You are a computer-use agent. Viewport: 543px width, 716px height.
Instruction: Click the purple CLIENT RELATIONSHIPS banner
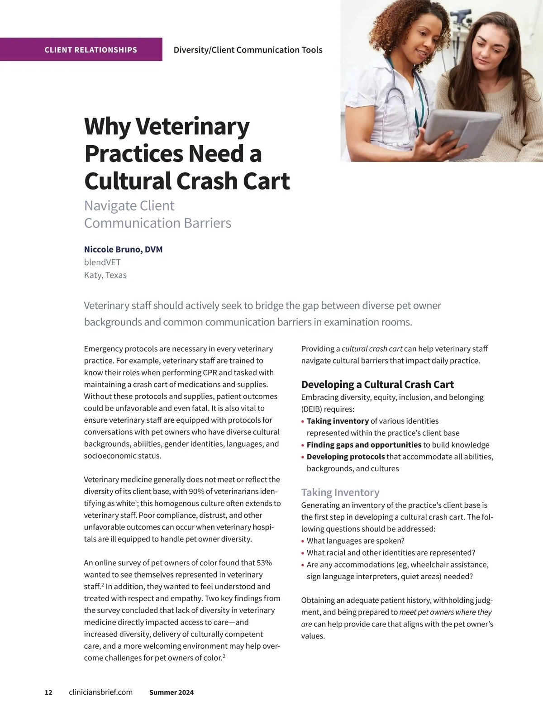[90, 50]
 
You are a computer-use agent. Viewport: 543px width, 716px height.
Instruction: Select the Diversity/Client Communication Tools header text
[248, 50]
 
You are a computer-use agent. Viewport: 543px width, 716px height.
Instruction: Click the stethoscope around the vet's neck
[398, 97]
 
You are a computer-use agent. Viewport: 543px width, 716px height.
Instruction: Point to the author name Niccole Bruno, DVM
[123, 249]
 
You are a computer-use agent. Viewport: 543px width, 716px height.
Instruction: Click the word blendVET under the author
[102, 262]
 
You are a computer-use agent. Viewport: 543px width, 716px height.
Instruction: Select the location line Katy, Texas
[105, 275]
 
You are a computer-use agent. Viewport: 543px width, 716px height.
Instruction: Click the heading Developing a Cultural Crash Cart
[377, 385]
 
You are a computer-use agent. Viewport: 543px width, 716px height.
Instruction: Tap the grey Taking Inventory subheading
[340, 492]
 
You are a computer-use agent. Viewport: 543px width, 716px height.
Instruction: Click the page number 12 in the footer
[48, 692]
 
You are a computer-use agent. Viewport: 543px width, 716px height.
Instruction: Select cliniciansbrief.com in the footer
[100, 692]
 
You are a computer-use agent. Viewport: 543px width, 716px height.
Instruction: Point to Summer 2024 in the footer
[171, 692]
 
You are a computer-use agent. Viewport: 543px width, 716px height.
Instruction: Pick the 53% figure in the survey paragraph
[264, 563]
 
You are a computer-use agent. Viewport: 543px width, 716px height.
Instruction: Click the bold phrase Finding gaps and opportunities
[364, 445]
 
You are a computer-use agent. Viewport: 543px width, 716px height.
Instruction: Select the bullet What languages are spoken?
[355, 541]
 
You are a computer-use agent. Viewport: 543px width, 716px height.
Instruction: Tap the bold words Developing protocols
[346, 457]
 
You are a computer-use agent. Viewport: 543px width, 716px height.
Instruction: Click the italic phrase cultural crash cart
[372, 349]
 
